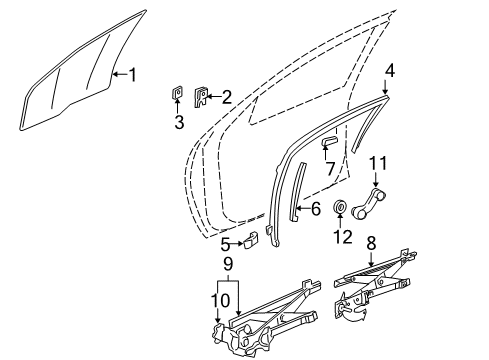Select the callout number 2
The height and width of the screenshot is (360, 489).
226,97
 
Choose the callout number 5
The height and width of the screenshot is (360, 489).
227,269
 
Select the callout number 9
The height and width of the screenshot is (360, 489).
228,265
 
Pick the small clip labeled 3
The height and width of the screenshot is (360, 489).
178,96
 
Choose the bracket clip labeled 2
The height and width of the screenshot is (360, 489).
199,97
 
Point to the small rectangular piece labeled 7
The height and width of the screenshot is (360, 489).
327,143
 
